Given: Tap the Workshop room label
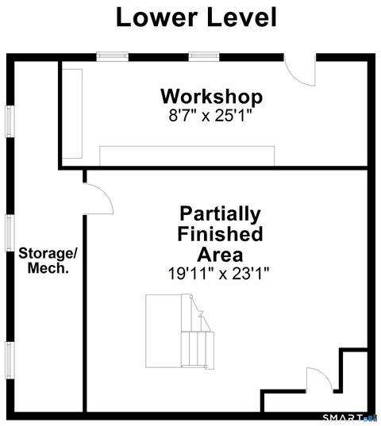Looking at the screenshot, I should point(211,97).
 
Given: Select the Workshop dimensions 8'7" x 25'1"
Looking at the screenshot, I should point(211,115).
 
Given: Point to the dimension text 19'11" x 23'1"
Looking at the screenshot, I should point(219,274).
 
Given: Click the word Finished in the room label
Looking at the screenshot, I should point(220,235).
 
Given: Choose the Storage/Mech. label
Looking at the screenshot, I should point(48,261).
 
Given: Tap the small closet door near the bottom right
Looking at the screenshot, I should point(317,378).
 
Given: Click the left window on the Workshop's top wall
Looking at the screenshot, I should point(112,56).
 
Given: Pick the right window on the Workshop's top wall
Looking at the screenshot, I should point(204,56).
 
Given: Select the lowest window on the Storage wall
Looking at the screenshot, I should point(10,359).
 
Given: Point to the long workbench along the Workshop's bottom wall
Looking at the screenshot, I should point(187,155).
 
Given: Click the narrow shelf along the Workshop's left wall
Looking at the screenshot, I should point(73,113).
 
